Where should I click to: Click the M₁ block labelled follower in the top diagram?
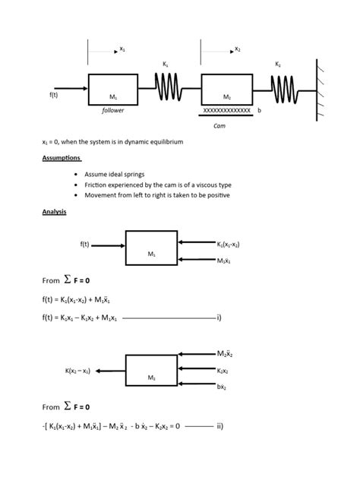(112, 89)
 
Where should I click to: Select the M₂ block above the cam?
(226, 89)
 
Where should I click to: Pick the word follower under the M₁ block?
(112, 111)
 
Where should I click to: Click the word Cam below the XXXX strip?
(219, 125)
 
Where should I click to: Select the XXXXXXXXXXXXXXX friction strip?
(226, 111)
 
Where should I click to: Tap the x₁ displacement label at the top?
(122, 49)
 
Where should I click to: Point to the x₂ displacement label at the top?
(237, 49)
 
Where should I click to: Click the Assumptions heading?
(61, 158)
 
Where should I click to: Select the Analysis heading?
(54, 212)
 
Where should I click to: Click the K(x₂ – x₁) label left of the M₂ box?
(77, 371)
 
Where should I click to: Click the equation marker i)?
(218, 317)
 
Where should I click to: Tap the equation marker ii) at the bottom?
(219, 426)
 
